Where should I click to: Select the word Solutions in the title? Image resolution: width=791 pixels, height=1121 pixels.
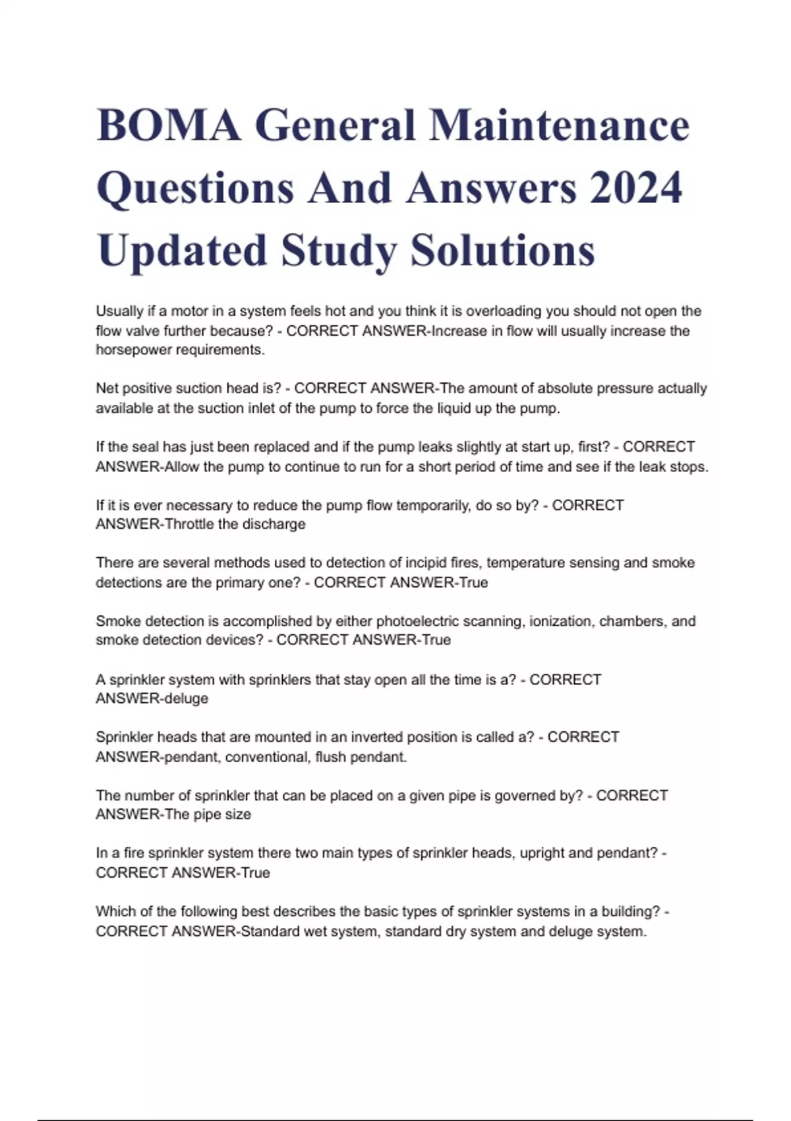[x=502, y=251]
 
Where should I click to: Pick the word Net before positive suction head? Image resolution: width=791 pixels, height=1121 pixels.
[x=107, y=388]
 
